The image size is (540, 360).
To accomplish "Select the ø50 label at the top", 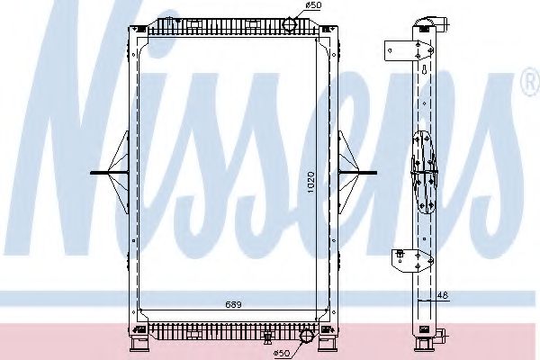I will pyautogui.click(x=312, y=7).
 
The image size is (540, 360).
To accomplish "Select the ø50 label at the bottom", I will pyautogui.click(x=283, y=352).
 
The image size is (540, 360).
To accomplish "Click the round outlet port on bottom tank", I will pyautogui.click(x=306, y=338).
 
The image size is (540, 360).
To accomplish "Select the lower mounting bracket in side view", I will pyautogui.click(x=396, y=262).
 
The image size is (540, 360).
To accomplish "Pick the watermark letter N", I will pyautogui.click(x=81, y=135).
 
